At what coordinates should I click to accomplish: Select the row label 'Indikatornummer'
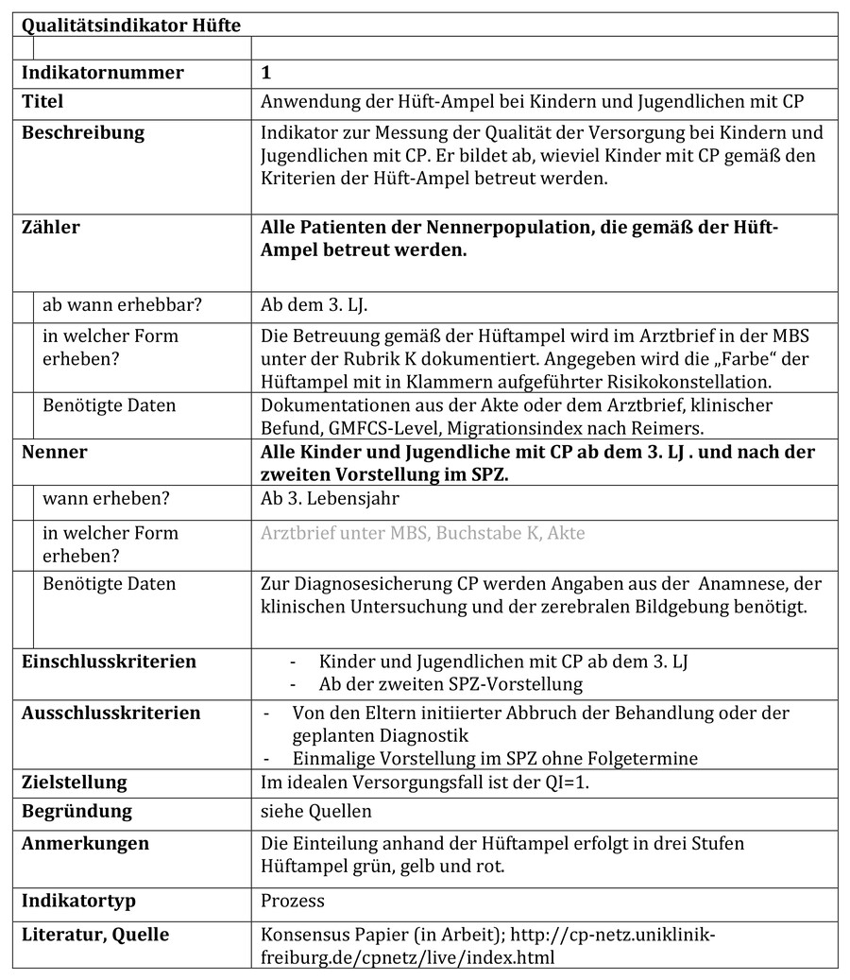(x=103, y=73)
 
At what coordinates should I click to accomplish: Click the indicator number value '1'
(x=266, y=73)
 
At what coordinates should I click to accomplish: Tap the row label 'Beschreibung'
(x=83, y=132)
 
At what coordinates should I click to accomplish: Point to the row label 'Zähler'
(x=51, y=227)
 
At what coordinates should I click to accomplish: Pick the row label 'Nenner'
(x=55, y=452)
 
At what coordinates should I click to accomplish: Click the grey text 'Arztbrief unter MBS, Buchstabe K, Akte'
(x=422, y=533)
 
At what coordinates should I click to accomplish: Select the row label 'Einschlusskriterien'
(x=109, y=662)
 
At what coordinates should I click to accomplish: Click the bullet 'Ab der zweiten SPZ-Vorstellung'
(x=450, y=683)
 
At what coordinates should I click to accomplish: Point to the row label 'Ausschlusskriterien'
(x=111, y=713)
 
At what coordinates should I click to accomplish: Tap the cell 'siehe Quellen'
(x=316, y=811)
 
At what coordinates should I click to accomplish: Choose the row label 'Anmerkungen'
(x=85, y=844)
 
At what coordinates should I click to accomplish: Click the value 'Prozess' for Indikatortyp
(x=293, y=901)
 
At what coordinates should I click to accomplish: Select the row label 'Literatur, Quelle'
(x=95, y=935)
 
